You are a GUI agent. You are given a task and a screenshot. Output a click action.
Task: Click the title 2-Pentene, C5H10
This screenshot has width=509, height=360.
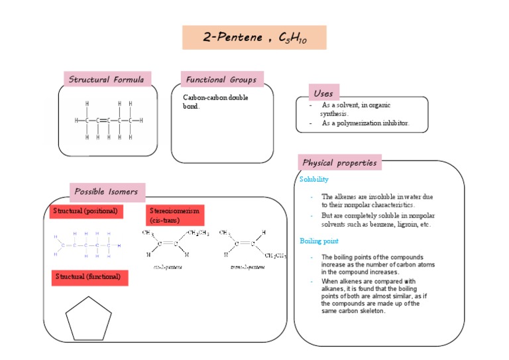(x=254, y=38)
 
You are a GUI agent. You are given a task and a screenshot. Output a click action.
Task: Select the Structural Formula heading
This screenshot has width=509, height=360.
(x=107, y=80)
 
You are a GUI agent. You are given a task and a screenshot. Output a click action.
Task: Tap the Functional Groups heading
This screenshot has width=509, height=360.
(x=221, y=80)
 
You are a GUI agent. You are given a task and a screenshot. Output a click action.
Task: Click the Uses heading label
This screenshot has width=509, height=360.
(x=323, y=93)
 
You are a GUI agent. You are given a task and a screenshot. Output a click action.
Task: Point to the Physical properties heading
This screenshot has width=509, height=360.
(x=340, y=162)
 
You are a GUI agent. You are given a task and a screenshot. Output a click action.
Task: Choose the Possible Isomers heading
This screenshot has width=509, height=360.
(x=107, y=192)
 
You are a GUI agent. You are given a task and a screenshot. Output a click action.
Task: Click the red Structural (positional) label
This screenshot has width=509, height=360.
(x=85, y=211)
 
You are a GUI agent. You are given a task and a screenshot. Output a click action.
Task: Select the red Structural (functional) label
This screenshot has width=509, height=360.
(x=88, y=276)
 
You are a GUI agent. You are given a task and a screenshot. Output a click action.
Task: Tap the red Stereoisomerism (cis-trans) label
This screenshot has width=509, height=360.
(x=174, y=215)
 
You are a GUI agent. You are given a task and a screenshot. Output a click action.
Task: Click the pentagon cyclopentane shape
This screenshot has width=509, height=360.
(x=88, y=318)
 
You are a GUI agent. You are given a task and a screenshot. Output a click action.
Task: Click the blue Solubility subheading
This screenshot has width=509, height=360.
(x=314, y=180)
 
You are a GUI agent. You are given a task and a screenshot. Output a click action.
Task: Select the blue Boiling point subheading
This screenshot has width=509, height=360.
(x=319, y=241)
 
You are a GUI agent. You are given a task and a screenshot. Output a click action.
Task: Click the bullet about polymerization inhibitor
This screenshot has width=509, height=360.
(x=365, y=123)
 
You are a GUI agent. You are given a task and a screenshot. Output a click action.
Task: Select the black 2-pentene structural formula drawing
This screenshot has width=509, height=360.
(x=108, y=121)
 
